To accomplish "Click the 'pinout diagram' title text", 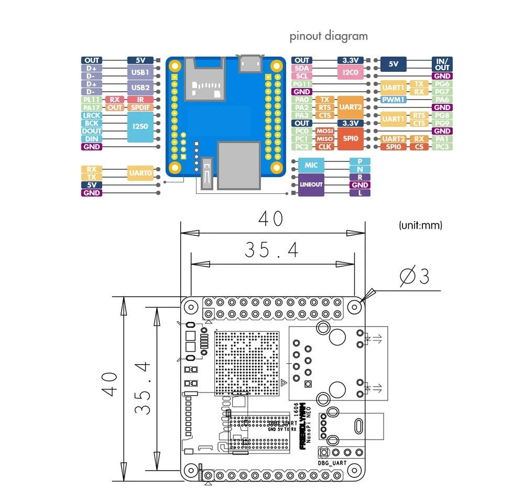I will [x=329, y=36].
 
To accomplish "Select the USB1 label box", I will [x=140, y=72].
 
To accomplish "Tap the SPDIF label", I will [x=140, y=107].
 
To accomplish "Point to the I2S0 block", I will [x=140, y=127].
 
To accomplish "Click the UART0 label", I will [x=140, y=173].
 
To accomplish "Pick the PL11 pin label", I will [x=91, y=100].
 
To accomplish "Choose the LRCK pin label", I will [x=91, y=115].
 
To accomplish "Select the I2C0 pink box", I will [x=350, y=72].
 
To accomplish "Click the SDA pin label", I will [x=302, y=68].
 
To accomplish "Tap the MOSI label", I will [x=325, y=131].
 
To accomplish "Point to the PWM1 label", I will [x=393, y=100].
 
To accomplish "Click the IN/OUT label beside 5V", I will [x=443, y=64].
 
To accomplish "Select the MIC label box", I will [x=311, y=165].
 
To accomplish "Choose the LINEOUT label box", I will [x=311, y=184].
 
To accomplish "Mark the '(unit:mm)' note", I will [x=420, y=225].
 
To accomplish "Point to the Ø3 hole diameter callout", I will [x=414, y=276].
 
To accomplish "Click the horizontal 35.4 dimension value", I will [x=271, y=251].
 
